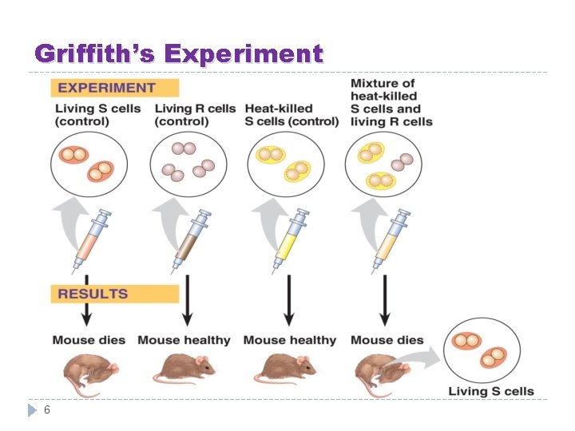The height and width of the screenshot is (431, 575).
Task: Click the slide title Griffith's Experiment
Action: [x=179, y=54]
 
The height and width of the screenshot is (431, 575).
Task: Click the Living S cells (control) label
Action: [x=97, y=115]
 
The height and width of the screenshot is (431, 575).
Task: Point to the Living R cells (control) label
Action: [x=195, y=115]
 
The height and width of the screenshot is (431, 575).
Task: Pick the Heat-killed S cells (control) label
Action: [x=291, y=115]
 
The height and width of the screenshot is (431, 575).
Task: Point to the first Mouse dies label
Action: [x=89, y=340]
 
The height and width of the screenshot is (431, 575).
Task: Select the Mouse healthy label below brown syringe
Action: [x=184, y=340]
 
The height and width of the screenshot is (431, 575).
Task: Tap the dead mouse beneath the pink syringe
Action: [x=88, y=372]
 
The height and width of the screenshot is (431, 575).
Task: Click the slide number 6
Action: [x=47, y=409]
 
